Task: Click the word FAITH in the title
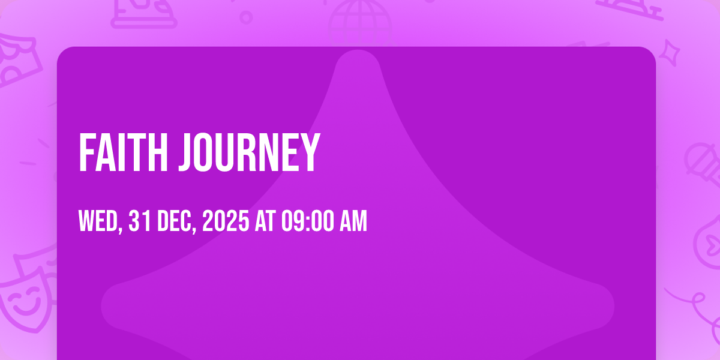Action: [123, 152]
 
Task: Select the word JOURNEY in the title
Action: [250, 152]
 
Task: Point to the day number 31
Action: [140, 221]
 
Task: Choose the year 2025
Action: [226, 221]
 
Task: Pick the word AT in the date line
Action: [265, 221]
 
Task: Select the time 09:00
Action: [308, 221]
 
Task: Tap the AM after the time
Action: [353, 221]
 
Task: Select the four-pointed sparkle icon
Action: [670, 53]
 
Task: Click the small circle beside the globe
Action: [246, 17]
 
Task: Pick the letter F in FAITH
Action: [88, 152]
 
